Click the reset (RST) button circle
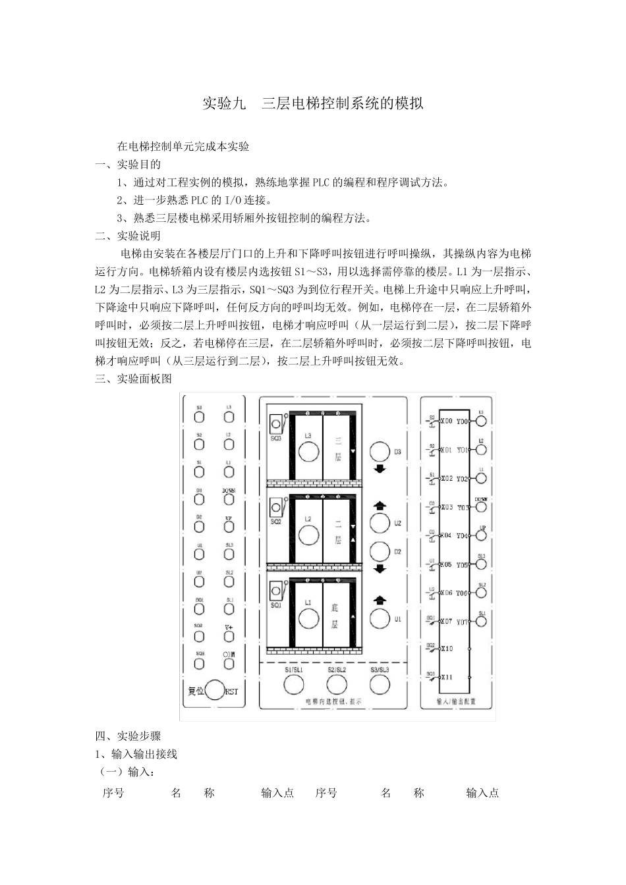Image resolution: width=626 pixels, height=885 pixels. tap(215, 690)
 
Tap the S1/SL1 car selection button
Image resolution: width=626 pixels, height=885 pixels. tap(294, 685)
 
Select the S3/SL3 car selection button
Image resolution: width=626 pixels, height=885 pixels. tap(380, 684)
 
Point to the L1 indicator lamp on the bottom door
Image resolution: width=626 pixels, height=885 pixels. tap(308, 618)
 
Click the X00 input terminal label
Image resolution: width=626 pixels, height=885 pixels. tap(446, 421)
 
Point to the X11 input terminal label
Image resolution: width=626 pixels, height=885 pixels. tap(446, 677)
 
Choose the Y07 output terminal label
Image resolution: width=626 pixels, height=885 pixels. tap(462, 622)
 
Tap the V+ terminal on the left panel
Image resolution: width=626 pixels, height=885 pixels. tap(229, 636)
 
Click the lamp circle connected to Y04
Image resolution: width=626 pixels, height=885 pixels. tap(482, 537)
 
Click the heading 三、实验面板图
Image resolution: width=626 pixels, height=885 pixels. tap(133, 379)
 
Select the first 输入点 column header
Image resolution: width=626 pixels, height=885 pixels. tap(277, 793)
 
